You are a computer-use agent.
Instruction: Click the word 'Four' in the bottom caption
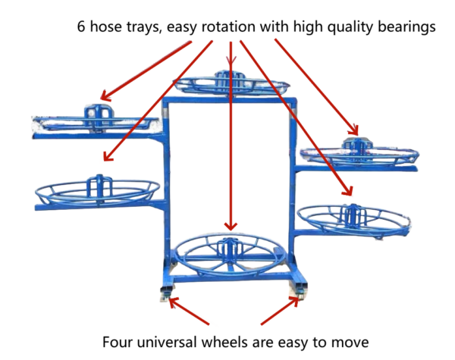[118, 340]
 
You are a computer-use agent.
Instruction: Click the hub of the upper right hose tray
[351, 144]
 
